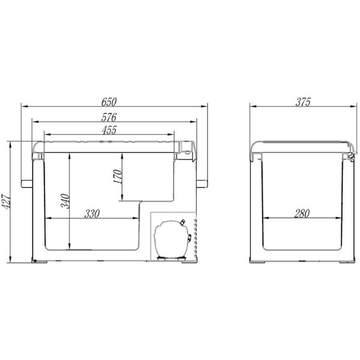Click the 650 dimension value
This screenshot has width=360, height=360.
point(109,102)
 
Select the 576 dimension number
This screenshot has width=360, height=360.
point(109,118)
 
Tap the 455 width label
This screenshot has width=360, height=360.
point(109,130)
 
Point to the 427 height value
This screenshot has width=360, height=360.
point(5,202)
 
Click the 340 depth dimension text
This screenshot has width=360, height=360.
point(65,201)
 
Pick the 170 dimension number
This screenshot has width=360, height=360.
point(118,176)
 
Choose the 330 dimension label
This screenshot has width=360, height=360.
point(92,214)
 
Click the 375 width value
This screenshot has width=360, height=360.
point(303,102)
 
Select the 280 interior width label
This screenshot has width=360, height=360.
point(302,214)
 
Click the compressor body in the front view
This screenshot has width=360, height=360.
point(172,239)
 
